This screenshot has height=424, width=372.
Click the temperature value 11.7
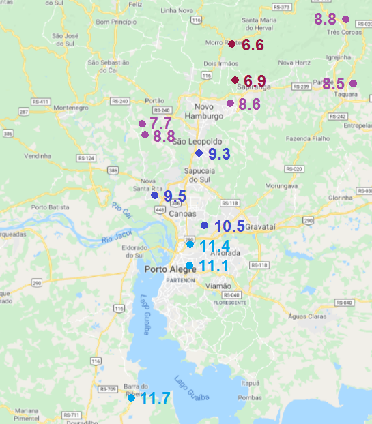point(155,397)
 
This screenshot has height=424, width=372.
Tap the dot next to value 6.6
point(231,44)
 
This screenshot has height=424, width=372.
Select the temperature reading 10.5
point(229,226)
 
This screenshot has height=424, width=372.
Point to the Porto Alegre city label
point(171,269)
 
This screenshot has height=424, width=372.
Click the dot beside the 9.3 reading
point(199,153)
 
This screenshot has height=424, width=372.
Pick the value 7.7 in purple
point(160,123)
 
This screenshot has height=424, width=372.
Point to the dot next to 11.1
point(189,266)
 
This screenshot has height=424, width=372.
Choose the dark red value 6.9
point(255,81)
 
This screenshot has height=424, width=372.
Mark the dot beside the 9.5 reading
point(154,196)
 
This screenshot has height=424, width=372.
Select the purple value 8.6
point(250,105)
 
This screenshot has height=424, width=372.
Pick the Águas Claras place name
point(308,315)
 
